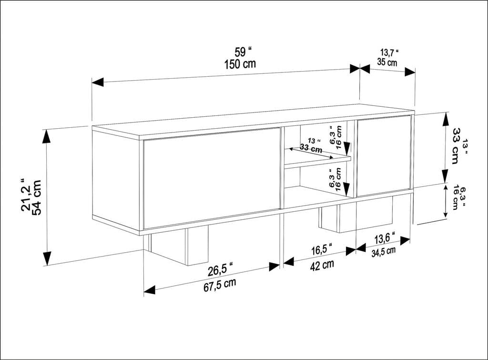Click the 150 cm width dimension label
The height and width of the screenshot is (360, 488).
pos(240,64)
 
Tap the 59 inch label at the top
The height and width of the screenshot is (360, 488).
pos(243,52)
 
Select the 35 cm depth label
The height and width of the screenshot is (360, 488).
pos(387,62)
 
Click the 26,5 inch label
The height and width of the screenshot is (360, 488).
pos(220,270)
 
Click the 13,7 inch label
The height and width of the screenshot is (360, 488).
pos(389,52)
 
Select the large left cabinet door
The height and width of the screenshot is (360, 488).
pos(212,177)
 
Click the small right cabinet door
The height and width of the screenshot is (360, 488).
pos(384,155)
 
